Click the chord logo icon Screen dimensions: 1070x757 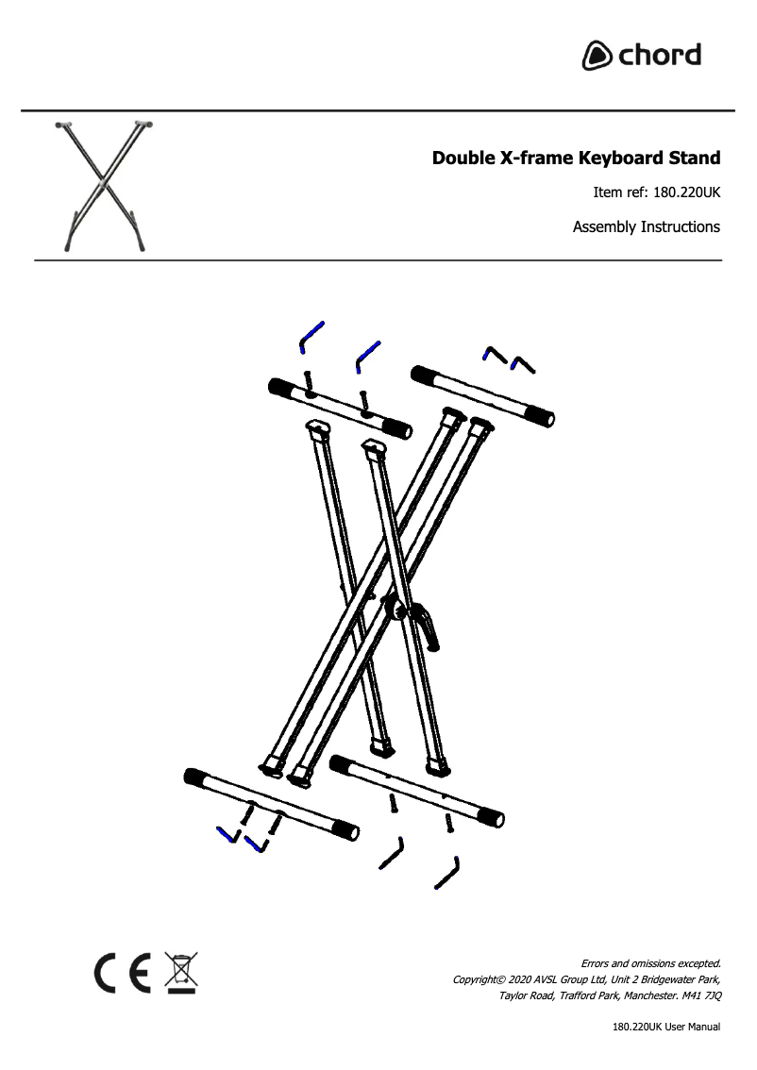pos(597,56)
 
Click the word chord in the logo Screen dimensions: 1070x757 pos(660,55)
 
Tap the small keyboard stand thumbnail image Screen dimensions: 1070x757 pos(104,185)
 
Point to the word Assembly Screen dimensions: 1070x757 pos(604,226)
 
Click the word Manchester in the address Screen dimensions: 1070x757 pos(650,995)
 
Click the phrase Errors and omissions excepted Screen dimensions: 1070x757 pos(650,963)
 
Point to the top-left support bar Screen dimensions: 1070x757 pos(340,407)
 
